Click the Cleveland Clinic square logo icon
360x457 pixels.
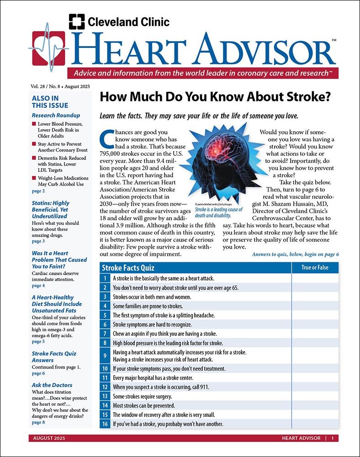pyautogui.click(x=77, y=21)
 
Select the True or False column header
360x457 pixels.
pyautogui.click(x=315, y=268)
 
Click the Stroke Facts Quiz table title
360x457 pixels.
pyautogui.click(x=128, y=268)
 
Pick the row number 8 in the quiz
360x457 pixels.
pyautogui.click(x=105, y=342)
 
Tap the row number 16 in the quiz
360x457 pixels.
pyautogui.click(x=105, y=424)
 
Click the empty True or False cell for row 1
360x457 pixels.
pyautogui.click(x=315, y=278)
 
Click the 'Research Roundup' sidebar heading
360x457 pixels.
pyautogui.click(x=56, y=115)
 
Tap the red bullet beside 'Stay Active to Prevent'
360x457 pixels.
pyautogui.click(x=34, y=144)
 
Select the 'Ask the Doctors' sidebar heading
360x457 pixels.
pyautogui.click(x=52, y=385)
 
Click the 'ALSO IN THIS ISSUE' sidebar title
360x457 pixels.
pyautogui.click(x=45, y=101)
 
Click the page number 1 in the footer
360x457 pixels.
pyautogui.click(x=333, y=438)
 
